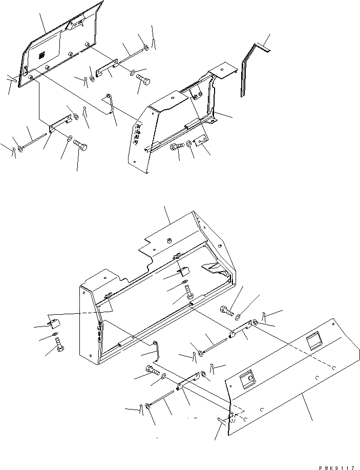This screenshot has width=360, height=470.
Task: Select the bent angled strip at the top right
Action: pos(247,67)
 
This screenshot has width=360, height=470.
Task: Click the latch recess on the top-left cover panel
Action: pos(78,23)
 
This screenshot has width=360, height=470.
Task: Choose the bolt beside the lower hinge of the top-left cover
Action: pos(80,146)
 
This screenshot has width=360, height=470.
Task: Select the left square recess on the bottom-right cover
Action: pos(248,378)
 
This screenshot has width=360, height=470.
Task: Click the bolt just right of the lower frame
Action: pos(227,311)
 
